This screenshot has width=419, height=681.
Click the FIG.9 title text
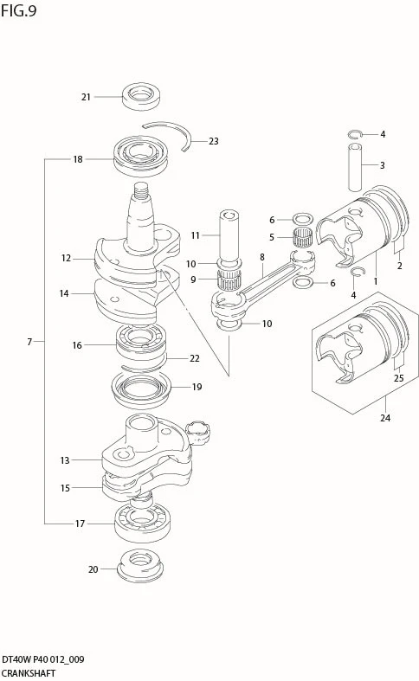click(18, 10)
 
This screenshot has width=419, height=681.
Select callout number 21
click(86, 97)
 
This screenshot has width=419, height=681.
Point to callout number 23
click(214, 141)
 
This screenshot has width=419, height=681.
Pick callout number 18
click(78, 159)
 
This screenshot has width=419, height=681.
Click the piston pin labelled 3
click(355, 167)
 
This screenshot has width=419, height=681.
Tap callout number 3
click(383, 165)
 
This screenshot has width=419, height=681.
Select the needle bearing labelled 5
click(302, 238)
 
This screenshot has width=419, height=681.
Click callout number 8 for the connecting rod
click(262, 257)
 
